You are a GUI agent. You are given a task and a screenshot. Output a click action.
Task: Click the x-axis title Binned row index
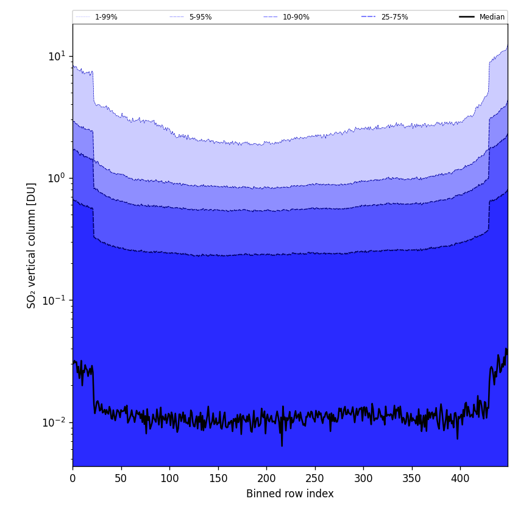pyautogui.click(x=290, y=494)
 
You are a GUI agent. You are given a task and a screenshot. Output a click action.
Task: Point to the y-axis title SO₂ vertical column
pyautogui.click(x=32, y=245)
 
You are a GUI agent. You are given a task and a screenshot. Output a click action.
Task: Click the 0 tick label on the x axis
pyautogui.click(x=73, y=479)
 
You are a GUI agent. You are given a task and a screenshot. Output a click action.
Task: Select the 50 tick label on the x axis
pyautogui.click(x=121, y=479)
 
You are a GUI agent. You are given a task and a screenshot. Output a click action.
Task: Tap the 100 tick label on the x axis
pyautogui.click(x=169, y=479)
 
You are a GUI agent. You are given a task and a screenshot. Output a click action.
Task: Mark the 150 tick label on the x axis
pyautogui.click(x=218, y=479)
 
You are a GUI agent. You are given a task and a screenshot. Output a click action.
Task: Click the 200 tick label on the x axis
pyautogui.click(x=266, y=479)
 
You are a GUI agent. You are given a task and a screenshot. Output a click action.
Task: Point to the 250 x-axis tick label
pyautogui.click(x=315, y=479)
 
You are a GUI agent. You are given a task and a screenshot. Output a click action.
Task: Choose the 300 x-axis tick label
pyautogui.click(x=363, y=479)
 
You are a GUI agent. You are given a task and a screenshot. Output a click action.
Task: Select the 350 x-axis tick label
pyautogui.click(x=412, y=479)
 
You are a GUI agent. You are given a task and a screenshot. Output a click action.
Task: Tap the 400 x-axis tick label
pyautogui.click(x=460, y=479)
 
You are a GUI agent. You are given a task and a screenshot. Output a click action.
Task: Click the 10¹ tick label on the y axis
pyautogui.click(x=56, y=56)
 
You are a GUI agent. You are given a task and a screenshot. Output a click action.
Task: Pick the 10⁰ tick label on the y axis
pyautogui.click(x=56, y=178)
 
